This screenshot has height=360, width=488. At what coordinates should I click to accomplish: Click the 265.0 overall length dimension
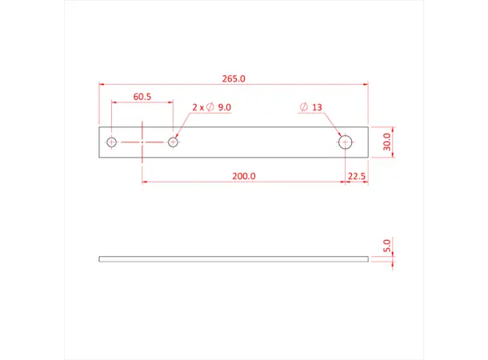233,78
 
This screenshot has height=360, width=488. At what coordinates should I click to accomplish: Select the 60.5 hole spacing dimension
142,97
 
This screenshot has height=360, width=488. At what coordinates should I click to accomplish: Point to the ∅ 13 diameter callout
310,107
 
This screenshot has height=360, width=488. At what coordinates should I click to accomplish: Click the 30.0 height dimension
386,142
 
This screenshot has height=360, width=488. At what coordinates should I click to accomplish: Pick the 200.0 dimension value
243,176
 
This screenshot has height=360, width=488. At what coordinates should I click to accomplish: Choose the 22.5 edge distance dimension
357,176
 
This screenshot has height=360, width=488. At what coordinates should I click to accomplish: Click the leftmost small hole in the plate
112,142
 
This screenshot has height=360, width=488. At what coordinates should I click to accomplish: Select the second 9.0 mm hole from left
173,142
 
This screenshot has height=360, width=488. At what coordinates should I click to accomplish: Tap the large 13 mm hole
346,142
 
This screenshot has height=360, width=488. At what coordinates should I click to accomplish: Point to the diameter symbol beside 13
303,107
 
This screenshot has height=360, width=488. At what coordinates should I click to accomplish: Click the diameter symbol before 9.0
210,107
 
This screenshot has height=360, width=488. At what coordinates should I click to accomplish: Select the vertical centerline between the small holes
142,142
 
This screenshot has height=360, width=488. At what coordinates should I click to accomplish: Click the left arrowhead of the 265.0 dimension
102,83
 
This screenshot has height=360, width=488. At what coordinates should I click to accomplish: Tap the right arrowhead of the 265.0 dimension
366,83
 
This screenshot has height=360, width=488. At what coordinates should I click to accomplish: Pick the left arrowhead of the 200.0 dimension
145,182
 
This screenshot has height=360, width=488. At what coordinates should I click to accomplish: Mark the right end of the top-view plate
368,142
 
